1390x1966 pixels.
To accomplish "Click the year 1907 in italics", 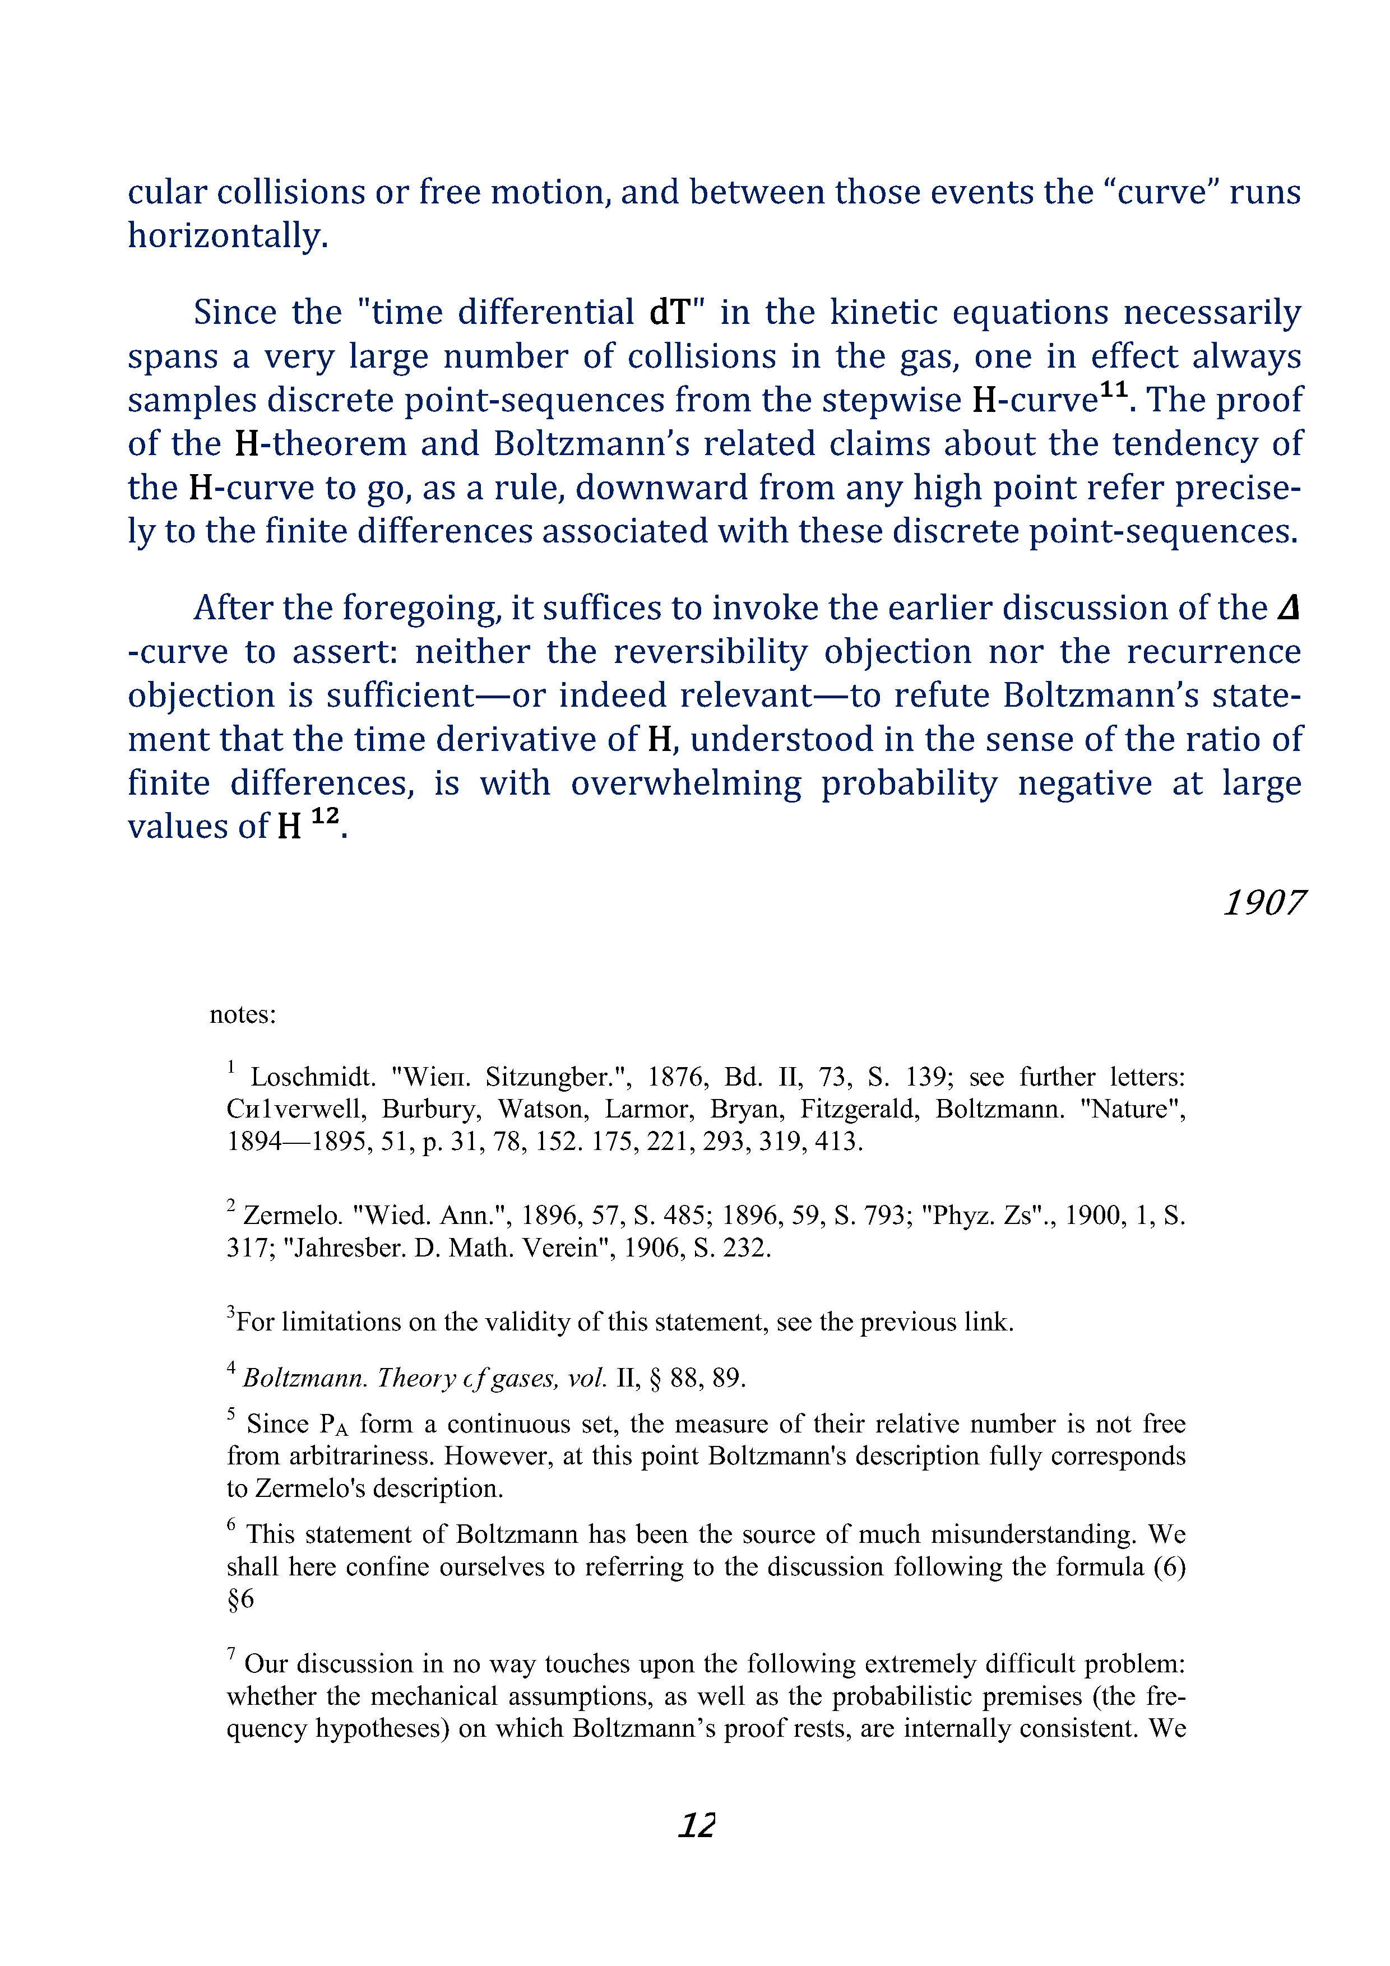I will [x=1264, y=903].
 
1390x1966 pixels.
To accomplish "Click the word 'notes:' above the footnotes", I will [x=242, y=1015].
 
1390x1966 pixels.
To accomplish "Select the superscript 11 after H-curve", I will [x=1113, y=391].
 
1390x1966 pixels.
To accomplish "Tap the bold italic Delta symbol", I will [x=1288, y=608].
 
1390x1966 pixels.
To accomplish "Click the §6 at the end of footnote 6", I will [x=240, y=1599].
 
